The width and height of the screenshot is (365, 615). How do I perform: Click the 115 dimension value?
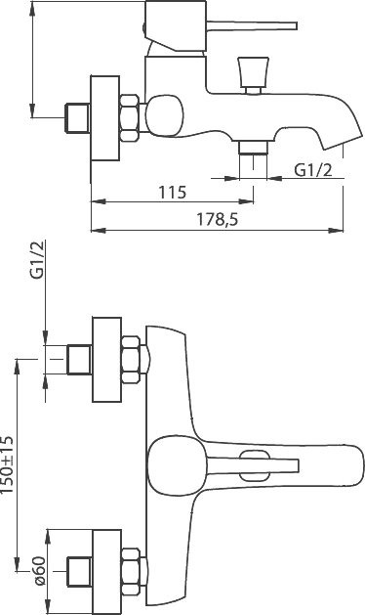[173, 193]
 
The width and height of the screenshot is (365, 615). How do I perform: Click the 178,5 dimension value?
[217, 220]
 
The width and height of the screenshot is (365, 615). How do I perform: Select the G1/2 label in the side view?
[313, 170]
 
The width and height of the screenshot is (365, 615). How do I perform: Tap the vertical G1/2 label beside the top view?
[38, 259]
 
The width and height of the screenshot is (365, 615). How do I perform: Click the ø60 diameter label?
[40, 571]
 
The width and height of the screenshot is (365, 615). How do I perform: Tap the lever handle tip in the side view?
[293, 26]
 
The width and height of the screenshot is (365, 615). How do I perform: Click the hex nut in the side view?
[130, 117]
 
